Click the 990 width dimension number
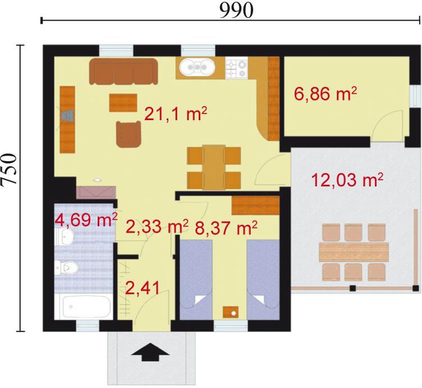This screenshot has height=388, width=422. tap(236, 11)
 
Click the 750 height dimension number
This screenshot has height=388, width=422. tap(8, 170)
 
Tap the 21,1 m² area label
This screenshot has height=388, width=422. tap(176, 114)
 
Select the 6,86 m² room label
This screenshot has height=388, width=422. tap(325, 94)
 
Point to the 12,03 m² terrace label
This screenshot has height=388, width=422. tap(347, 180)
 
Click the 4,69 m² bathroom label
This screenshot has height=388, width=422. tap(86, 220)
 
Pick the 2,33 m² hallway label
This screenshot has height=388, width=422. tap(157, 227)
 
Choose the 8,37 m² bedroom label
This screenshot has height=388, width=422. tap(226, 228)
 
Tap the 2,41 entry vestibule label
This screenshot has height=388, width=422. tap(143, 288)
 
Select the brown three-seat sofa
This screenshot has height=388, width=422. tap(123, 71)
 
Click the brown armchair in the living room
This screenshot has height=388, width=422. tap(129, 134)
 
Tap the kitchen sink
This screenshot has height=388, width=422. tap(198, 67)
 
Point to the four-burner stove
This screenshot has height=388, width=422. tap(237, 68)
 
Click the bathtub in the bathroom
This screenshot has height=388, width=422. tap(84, 307)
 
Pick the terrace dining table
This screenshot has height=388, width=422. tap(354, 252)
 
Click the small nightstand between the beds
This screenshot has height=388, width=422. tap(231, 312)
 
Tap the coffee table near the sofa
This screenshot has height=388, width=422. tap(123, 103)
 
